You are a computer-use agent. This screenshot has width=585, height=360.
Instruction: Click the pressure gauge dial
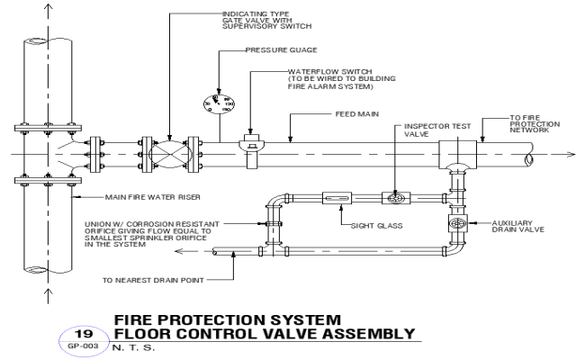pyautogui.click(x=219, y=102)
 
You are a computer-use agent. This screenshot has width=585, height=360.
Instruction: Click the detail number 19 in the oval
pyautogui.click(x=78, y=332)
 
